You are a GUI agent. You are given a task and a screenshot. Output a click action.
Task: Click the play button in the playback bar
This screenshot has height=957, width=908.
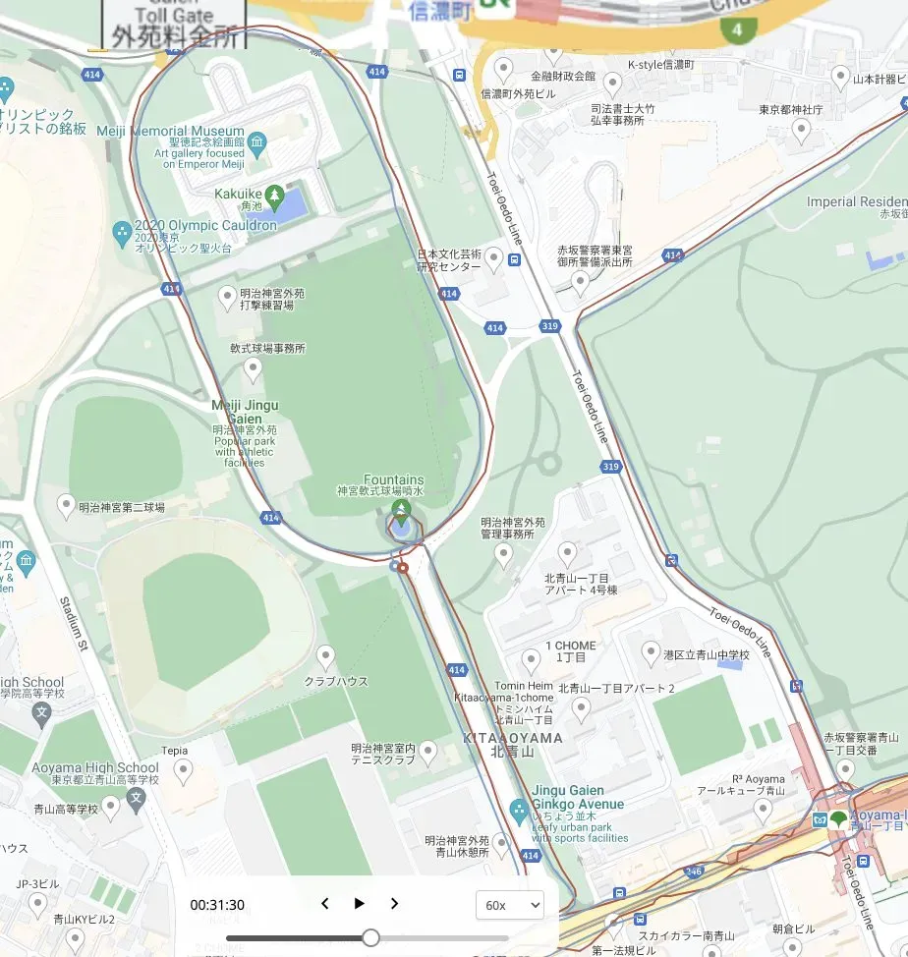coord(360,904)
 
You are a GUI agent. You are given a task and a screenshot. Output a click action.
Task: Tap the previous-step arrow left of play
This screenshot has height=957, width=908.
coord(325,904)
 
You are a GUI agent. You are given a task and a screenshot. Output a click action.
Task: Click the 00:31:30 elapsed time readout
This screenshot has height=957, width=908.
coord(217,905)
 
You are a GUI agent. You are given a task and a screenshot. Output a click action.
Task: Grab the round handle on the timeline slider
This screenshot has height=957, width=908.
coord(370,937)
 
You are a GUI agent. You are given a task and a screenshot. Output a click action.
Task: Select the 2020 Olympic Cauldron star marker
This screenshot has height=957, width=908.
coord(122,233)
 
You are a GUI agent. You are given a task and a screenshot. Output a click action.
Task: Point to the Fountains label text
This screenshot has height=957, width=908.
coord(393,479)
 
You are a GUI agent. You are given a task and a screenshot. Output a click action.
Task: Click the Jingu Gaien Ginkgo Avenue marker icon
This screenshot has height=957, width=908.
coord(520,812)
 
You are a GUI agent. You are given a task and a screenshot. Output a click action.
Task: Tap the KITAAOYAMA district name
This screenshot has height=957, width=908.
coord(512,737)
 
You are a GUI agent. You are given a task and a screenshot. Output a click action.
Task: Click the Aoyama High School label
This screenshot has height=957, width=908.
coord(94,767)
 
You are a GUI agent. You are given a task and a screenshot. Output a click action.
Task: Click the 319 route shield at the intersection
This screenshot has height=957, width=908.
coord(548,325)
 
